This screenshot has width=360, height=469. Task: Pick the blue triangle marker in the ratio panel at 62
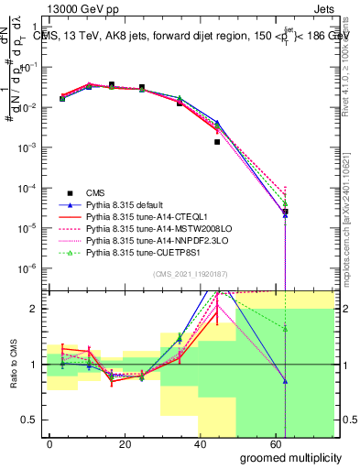(286, 381)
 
